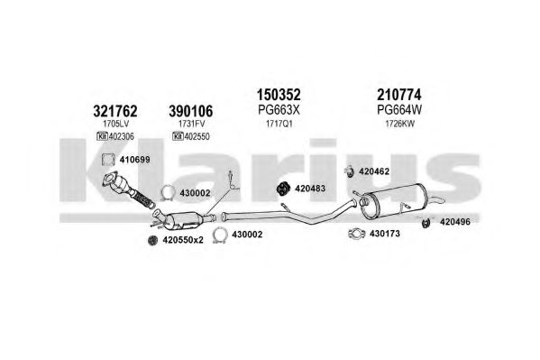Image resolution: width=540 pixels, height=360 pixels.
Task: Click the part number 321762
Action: click(x=115, y=111)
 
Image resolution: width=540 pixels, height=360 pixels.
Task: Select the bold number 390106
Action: click(x=191, y=111)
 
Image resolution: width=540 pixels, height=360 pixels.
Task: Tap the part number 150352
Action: click(x=279, y=94)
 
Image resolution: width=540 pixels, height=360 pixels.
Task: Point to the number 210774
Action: click(x=399, y=94)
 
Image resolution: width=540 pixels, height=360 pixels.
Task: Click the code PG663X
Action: click(x=279, y=110)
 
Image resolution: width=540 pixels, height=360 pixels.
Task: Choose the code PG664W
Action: click(x=399, y=110)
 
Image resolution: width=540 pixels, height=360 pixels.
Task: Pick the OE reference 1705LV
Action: click(x=115, y=124)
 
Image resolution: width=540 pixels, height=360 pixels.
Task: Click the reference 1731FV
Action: click(x=191, y=124)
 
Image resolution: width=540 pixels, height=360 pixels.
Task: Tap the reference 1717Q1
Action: click(x=279, y=124)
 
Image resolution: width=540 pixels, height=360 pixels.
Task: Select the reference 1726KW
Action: click(x=400, y=124)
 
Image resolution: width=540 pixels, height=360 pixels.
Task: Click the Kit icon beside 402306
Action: click(x=102, y=136)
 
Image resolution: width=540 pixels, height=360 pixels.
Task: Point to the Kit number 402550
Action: click(x=197, y=136)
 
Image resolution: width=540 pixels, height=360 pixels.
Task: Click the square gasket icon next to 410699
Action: click(x=108, y=160)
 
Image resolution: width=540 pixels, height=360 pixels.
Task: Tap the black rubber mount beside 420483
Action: click(x=283, y=189)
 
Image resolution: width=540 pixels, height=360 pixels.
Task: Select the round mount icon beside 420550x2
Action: click(x=152, y=240)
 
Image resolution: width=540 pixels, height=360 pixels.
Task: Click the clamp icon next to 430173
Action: click(x=357, y=234)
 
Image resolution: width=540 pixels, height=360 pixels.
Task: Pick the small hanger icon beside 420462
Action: click(x=350, y=171)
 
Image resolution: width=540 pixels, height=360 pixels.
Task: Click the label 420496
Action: click(x=454, y=222)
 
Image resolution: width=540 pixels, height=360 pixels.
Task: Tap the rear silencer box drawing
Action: click(x=395, y=201)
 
